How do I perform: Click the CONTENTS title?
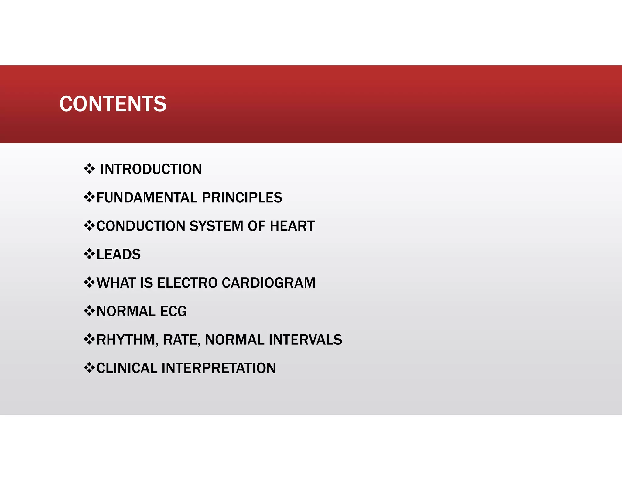(x=113, y=104)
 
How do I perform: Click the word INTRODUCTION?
(x=151, y=169)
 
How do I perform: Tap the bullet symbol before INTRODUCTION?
(x=89, y=168)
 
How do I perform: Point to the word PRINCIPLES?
(x=242, y=198)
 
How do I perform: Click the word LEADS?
(x=118, y=254)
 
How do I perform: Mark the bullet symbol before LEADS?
(x=89, y=254)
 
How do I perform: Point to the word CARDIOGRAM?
(x=268, y=283)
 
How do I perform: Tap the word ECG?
(x=173, y=311)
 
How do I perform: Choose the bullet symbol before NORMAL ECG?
(x=89, y=310)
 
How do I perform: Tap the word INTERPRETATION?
(x=219, y=368)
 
